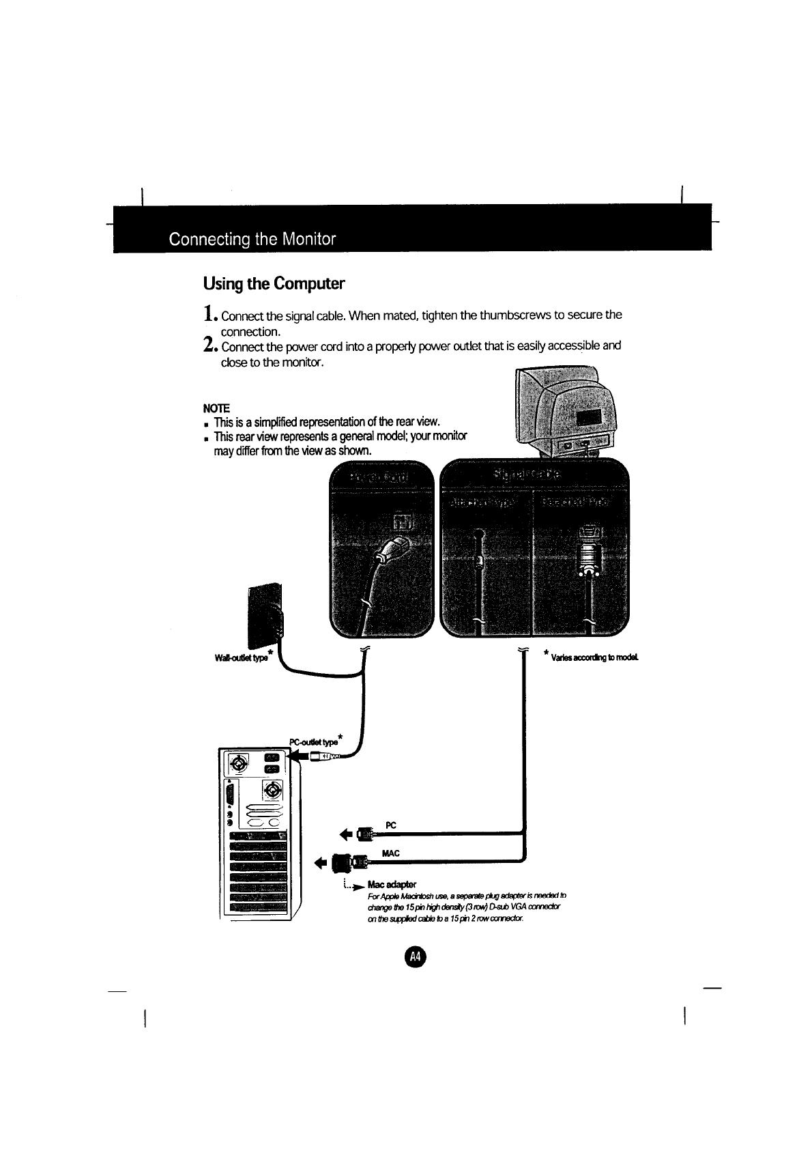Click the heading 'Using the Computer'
click(274, 283)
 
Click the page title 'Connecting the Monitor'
click(252, 239)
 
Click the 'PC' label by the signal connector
click(390, 825)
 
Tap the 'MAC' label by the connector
click(390, 853)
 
